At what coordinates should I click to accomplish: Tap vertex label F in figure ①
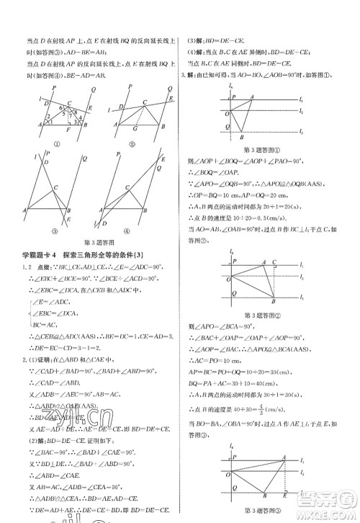pos(67,131)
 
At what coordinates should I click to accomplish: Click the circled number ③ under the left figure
pos(54,231)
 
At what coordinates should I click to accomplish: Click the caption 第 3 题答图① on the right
pos(255,149)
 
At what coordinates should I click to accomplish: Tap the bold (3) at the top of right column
pos(190,42)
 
